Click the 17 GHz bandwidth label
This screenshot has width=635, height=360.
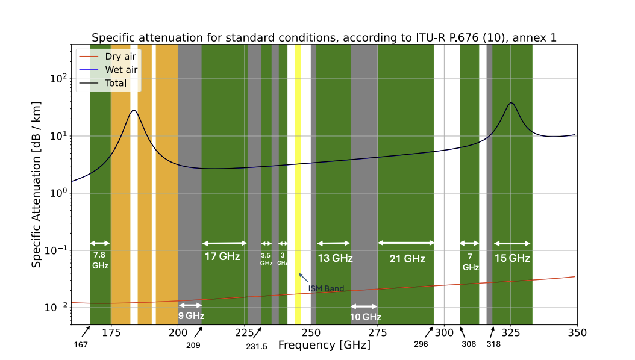[222, 256]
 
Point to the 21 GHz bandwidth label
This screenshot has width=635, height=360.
[407, 259]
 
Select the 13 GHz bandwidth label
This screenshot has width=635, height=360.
[335, 258]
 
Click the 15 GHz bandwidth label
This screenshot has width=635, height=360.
[512, 258]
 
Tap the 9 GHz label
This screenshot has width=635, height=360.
[191, 315]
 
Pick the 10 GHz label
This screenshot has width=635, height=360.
[365, 317]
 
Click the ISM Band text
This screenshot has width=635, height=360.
[326, 288]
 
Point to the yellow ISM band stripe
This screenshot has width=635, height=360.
[298, 181]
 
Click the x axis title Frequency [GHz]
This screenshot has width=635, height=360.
[324, 346]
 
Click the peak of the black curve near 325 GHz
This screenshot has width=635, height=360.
[511, 103]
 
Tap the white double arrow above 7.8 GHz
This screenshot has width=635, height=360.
[100, 243]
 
